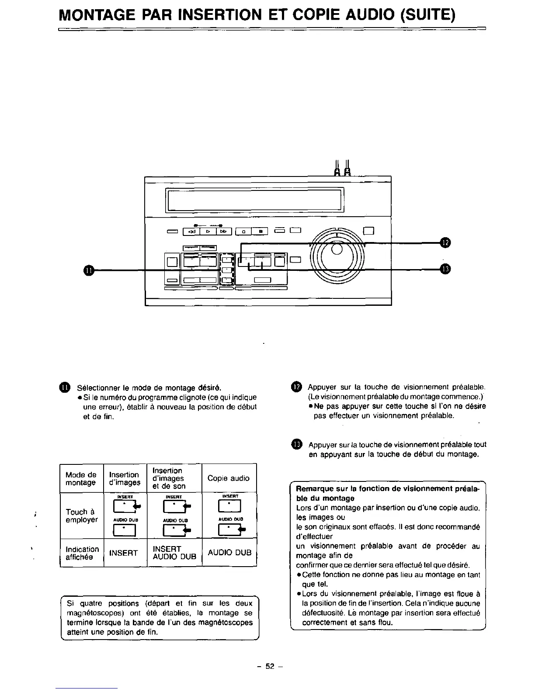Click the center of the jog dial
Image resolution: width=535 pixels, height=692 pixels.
(x=337, y=249)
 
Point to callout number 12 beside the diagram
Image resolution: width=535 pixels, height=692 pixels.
(x=445, y=243)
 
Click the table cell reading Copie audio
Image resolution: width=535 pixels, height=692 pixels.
(x=229, y=478)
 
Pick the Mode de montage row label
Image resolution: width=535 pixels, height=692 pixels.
(x=81, y=478)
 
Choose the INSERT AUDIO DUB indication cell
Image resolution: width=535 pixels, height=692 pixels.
(x=174, y=553)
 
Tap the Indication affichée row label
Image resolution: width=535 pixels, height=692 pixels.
(x=82, y=553)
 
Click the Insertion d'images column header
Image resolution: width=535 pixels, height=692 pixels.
(x=125, y=478)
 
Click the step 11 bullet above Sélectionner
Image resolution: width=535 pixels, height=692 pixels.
(x=65, y=388)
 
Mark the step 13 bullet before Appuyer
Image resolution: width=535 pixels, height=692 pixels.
(x=296, y=445)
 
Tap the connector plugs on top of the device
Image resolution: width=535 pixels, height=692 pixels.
(x=342, y=168)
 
